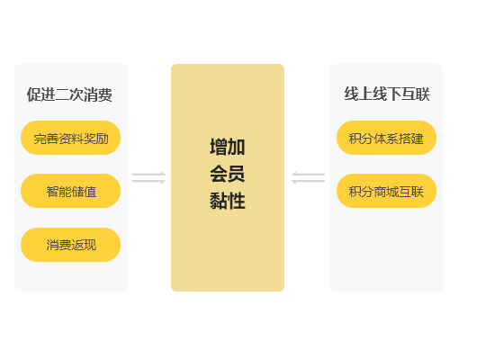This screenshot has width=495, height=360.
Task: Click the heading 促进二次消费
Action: pos(69,94)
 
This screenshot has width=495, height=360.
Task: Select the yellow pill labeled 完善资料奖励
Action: pos(71,138)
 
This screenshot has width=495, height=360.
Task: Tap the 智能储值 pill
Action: pos(71,191)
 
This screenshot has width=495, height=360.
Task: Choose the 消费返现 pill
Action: pos(71,245)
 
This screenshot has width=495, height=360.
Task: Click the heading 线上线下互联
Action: pos(387,94)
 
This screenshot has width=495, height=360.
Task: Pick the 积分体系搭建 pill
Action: pos(386,138)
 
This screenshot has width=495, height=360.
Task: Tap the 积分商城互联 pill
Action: pos(386,191)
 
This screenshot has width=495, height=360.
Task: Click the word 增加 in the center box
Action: pos(228,147)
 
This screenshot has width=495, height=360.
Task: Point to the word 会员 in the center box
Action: pos(228,174)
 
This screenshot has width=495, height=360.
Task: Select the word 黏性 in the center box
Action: pos(228,201)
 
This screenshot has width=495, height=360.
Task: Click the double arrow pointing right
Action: pos(149,178)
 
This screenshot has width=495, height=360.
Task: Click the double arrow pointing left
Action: pos(308,178)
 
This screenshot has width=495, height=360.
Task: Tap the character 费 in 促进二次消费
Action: pos(105,94)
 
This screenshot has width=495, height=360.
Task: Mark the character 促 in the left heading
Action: pos(34,94)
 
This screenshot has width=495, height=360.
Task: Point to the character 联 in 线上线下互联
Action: pos(423,94)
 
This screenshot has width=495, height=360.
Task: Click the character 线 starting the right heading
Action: pos(351,94)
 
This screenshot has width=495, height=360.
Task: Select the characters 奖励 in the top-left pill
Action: pos(96,139)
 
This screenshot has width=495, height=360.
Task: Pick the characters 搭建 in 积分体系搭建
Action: pos(411,139)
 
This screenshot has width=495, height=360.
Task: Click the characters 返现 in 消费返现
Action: pos(84,245)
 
